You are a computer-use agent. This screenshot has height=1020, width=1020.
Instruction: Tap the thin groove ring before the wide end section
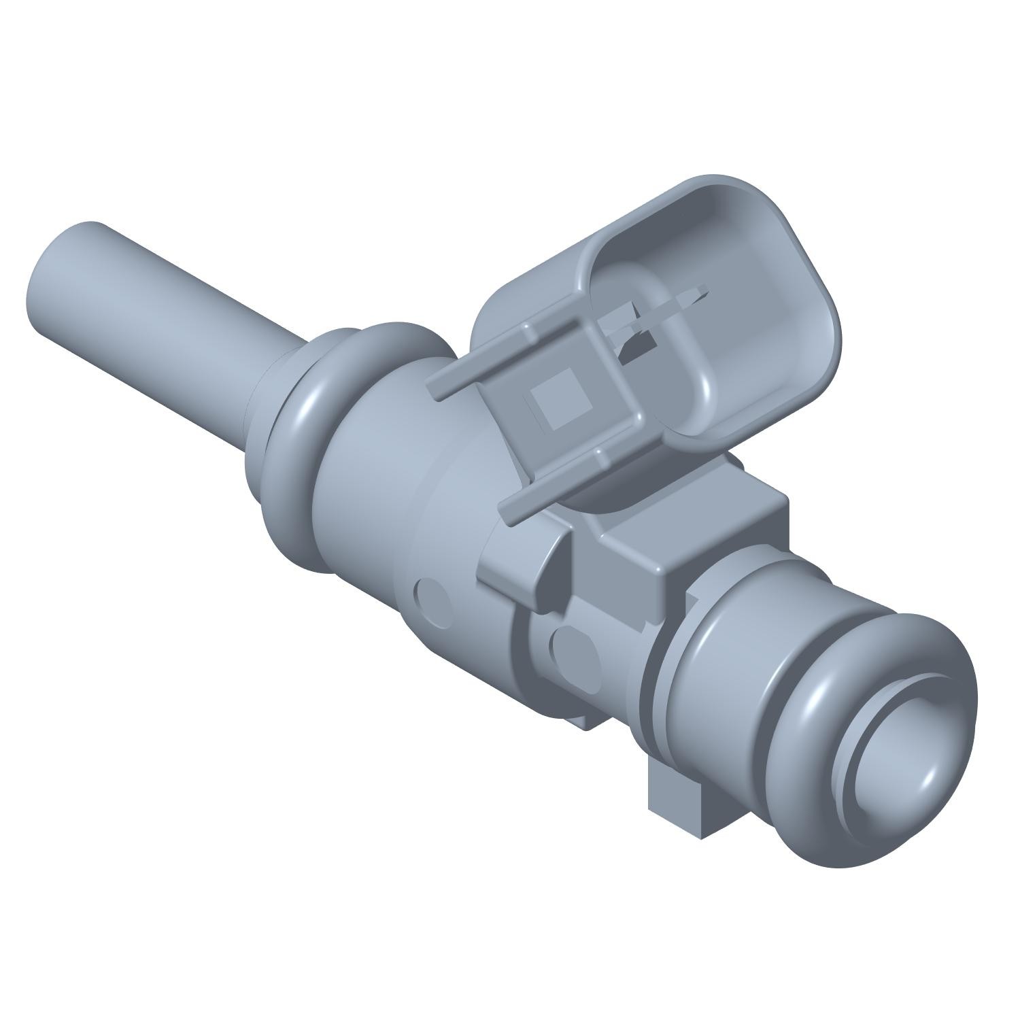coord(656,687)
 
